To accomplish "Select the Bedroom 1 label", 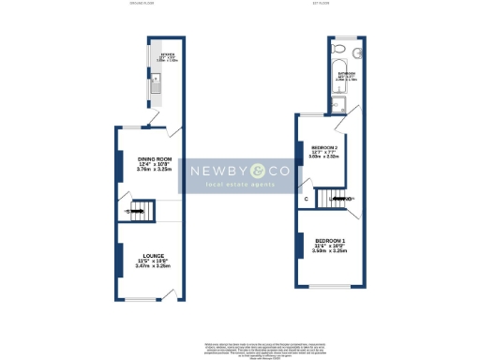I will (x=330, y=241).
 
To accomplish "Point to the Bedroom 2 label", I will (x=324, y=147).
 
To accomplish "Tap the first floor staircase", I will (x=334, y=200).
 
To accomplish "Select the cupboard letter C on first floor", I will (x=306, y=200).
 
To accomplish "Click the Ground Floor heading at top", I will (x=142, y=4).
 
